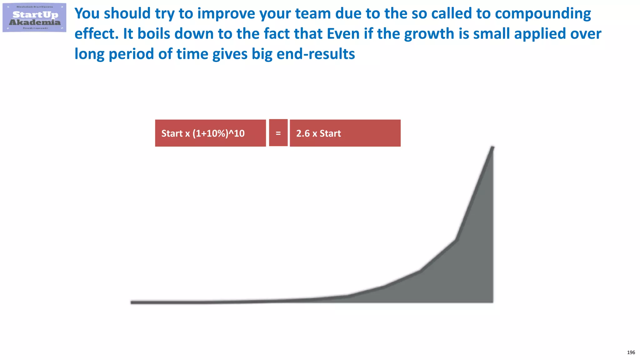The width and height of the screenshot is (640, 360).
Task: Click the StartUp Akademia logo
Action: (34, 17)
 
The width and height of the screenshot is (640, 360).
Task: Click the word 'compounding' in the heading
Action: (543, 14)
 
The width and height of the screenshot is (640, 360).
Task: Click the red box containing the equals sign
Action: (278, 133)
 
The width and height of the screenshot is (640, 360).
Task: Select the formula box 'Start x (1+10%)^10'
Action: (210, 133)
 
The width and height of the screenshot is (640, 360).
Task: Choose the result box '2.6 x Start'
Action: (345, 133)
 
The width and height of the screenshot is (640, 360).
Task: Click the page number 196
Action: (631, 352)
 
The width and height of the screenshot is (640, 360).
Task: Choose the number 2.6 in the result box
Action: (303, 133)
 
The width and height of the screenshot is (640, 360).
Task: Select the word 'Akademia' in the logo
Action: (35, 22)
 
